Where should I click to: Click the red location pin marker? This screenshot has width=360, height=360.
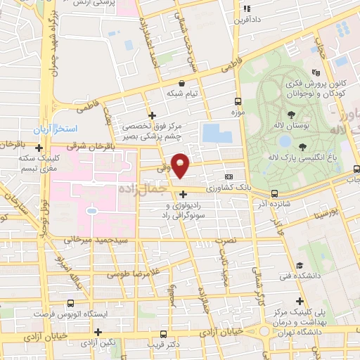181,165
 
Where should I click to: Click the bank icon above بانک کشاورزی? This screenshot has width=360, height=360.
228,176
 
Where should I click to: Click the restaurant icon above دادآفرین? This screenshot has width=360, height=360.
246,9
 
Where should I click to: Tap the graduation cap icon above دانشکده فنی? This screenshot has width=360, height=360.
300,265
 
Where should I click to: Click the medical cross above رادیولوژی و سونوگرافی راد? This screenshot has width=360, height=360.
184,194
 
